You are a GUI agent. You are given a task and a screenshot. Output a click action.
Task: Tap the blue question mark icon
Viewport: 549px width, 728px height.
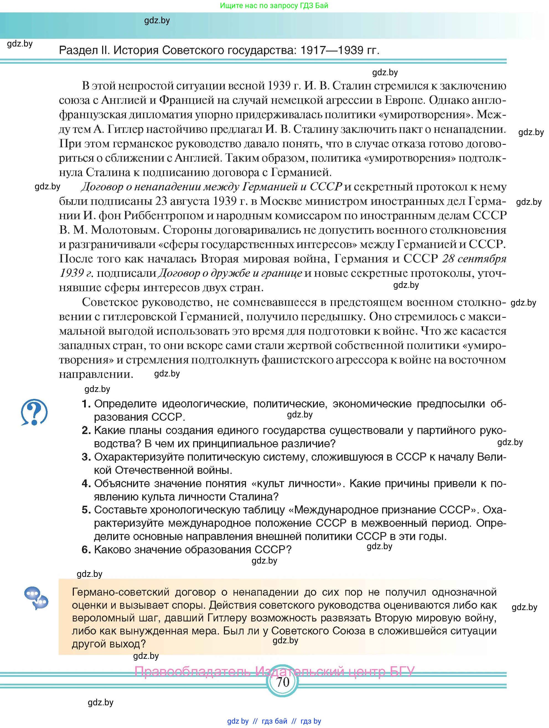click(34, 412)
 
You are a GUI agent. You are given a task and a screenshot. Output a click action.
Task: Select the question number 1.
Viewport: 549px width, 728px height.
click(86, 404)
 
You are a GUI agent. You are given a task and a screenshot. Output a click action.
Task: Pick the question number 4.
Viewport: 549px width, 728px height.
click(86, 484)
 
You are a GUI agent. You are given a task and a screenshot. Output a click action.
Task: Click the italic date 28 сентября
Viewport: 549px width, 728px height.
click(474, 259)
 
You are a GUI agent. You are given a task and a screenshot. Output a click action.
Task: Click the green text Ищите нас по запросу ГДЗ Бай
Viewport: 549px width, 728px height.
click(274, 6)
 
